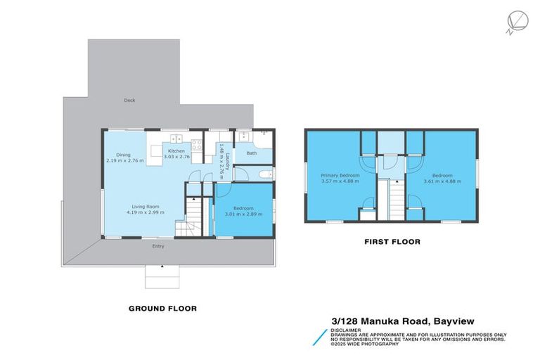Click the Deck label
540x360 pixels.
tap(129, 100)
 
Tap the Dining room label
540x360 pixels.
tap(123, 155)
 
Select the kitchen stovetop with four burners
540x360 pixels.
tap(197, 146)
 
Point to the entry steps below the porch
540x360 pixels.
tap(162, 277)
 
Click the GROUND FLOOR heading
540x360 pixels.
tap(162, 308)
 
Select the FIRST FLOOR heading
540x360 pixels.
tap(392, 242)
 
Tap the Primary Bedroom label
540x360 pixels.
tap(340, 175)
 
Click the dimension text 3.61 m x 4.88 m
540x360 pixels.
tap(442, 181)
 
